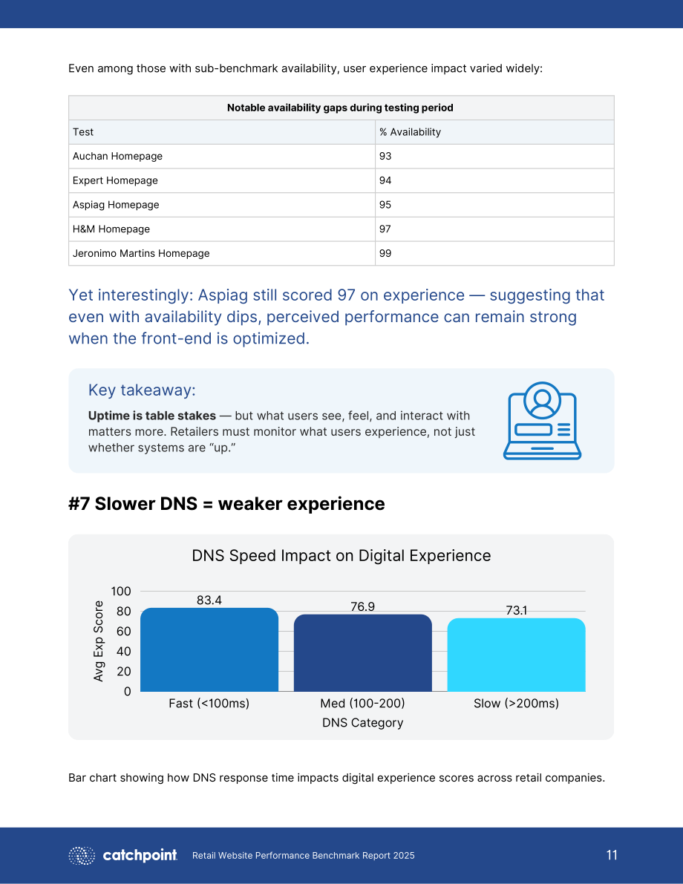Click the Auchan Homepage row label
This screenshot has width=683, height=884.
pyautogui.click(x=117, y=156)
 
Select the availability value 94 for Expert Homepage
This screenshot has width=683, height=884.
pyautogui.click(x=385, y=180)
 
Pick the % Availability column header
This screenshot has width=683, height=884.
pyautogui.click(x=410, y=132)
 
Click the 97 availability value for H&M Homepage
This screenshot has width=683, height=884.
pyautogui.click(x=385, y=229)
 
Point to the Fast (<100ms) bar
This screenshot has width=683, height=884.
pyautogui.click(x=209, y=649)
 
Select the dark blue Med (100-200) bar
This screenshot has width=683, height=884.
pyautogui.click(x=362, y=653)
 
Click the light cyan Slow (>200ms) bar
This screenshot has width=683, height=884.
pyautogui.click(x=516, y=655)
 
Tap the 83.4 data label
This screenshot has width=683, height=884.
pyautogui.click(x=209, y=600)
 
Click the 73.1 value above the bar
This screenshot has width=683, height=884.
pyautogui.click(x=516, y=610)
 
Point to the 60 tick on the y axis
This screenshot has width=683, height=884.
pyautogui.click(x=123, y=632)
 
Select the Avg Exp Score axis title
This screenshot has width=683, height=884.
pyautogui.click(x=99, y=641)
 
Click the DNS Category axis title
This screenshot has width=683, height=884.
pyautogui.click(x=362, y=723)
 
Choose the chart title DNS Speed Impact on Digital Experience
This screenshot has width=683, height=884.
pyautogui.click(x=341, y=556)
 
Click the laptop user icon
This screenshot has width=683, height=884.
pyautogui.click(x=542, y=421)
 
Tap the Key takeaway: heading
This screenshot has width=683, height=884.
pyautogui.click(x=142, y=390)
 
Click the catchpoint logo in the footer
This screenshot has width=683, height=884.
pyautogui.click(x=123, y=855)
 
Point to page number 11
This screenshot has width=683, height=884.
pyautogui.click(x=612, y=855)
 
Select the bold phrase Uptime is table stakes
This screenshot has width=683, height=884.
pyautogui.click(x=151, y=416)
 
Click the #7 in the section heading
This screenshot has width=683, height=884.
pyautogui.click(x=79, y=504)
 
